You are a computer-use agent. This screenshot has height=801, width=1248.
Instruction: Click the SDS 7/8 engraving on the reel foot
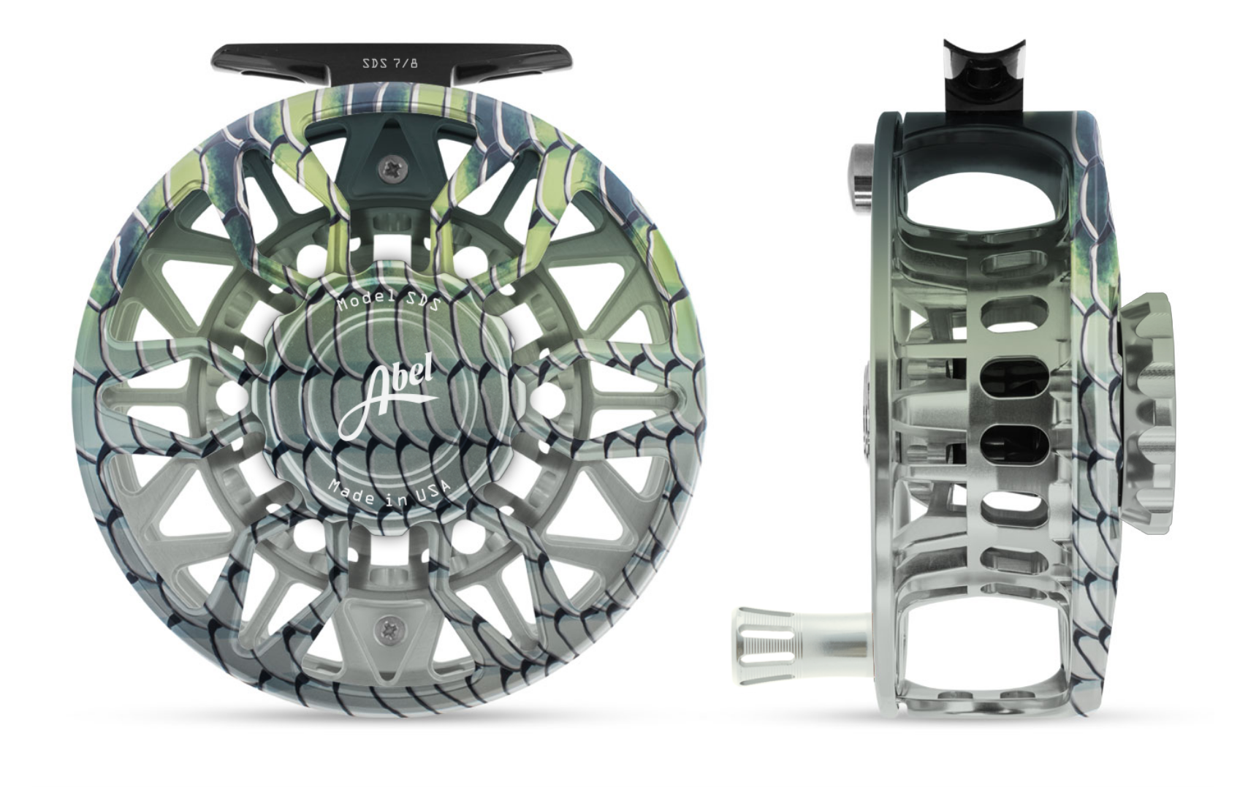tap(390, 63)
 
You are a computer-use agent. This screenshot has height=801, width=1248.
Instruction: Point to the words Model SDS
tap(387, 303)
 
